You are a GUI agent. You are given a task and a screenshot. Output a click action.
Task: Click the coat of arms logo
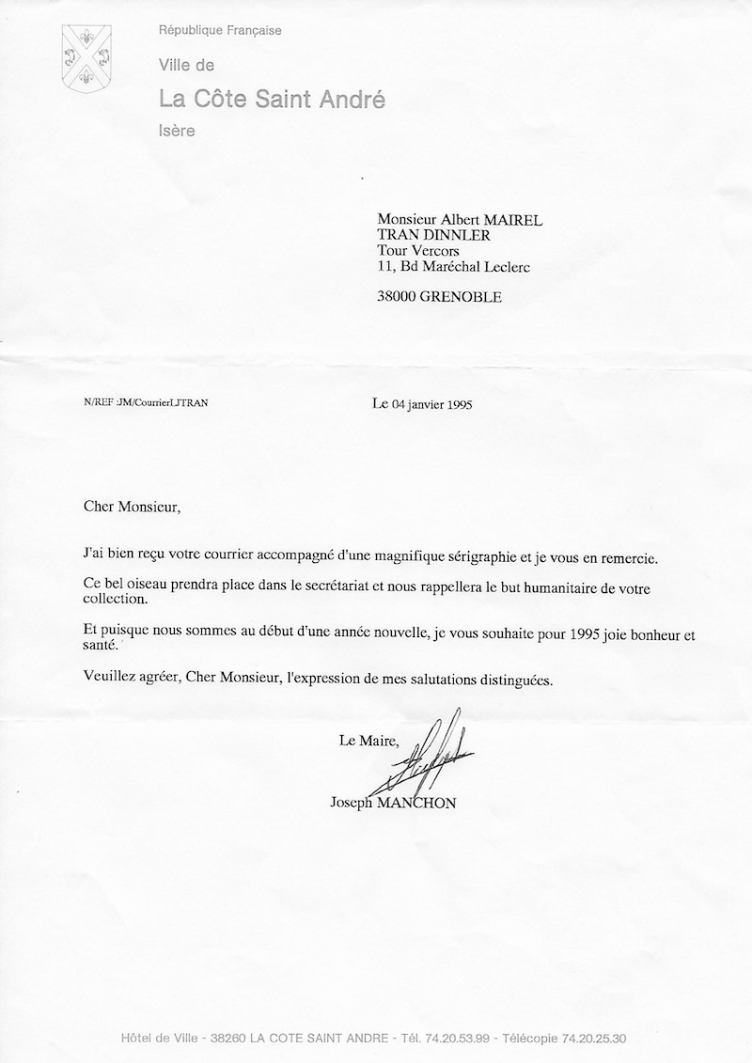coord(87,57)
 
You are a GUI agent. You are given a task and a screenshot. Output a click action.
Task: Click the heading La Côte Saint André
coord(272,99)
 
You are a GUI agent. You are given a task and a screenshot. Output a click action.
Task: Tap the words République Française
coord(220,31)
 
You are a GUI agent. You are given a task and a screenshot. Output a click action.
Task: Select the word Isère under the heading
coord(177,131)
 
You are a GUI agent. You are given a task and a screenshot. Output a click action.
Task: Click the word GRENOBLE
coord(462,297)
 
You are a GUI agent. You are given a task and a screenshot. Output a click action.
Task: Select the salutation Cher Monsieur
coord(129,508)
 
